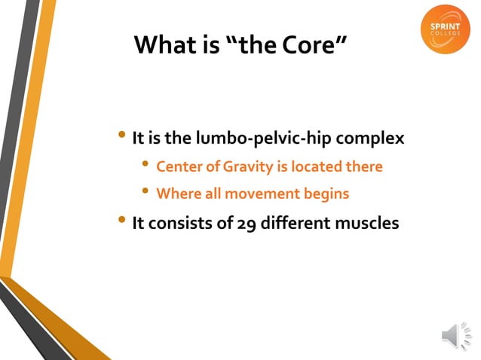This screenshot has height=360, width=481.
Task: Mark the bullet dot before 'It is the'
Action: (x=123, y=136)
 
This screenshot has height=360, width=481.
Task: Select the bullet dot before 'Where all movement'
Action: (x=146, y=192)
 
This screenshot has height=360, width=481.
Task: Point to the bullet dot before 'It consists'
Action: (x=123, y=221)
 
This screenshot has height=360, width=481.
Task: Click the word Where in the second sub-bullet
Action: (x=177, y=194)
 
